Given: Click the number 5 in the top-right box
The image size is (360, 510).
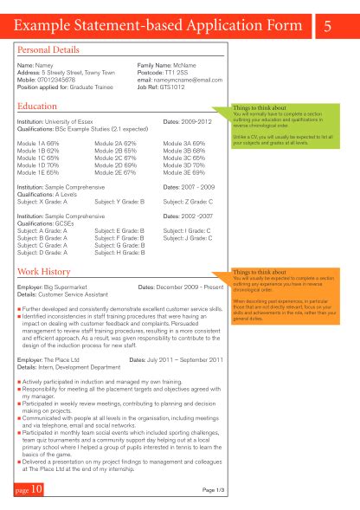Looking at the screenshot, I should click(x=328, y=27).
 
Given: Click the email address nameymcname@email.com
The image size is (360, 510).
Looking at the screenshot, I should click(x=189, y=80).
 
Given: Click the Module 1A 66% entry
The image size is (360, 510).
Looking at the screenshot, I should click(x=37, y=142).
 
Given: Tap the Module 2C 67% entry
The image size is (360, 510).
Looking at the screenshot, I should click(x=114, y=158).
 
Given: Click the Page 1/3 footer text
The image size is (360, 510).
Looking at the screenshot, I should click(x=214, y=489).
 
